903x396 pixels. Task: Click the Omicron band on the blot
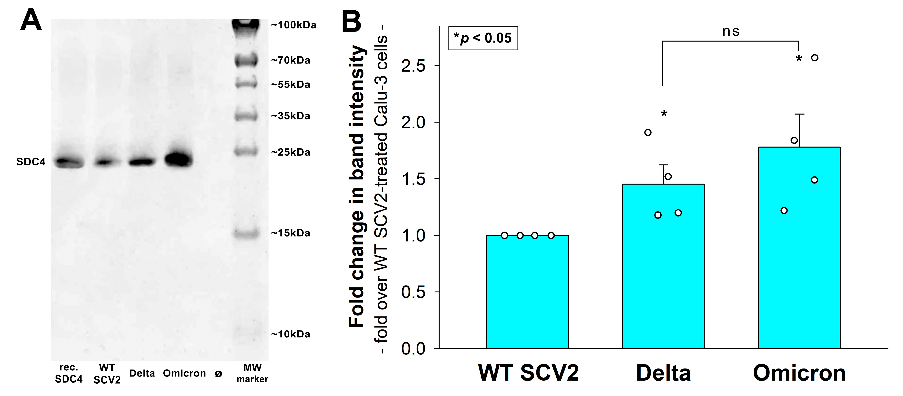click(x=178, y=160)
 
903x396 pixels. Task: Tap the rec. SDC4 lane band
click(x=70, y=163)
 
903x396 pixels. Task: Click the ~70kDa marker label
click(x=291, y=61)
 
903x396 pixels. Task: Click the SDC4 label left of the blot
click(x=31, y=162)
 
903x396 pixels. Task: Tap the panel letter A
click(x=31, y=20)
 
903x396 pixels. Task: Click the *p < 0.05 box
click(x=483, y=38)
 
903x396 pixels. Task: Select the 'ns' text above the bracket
click(x=731, y=32)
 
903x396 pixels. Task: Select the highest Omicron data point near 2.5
click(x=815, y=58)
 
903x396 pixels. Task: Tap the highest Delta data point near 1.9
click(x=648, y=132)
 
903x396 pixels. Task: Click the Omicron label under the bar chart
click(x=799, y=373)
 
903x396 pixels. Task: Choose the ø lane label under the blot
click(x=218, y=374)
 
